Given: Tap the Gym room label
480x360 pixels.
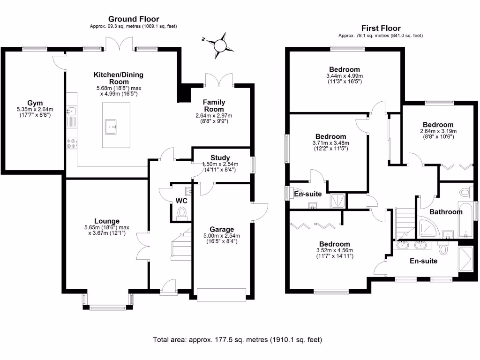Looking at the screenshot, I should click(x=34, y=103).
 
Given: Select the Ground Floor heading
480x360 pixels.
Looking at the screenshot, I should click(x=134, y=19).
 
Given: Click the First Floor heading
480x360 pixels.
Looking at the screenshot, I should click(x=381, y=28).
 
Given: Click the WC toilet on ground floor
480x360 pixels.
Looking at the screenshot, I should click(x=182, y=213).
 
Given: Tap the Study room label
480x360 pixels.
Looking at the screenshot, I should click(x=220, y=157).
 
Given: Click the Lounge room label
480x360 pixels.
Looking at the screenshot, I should click(x=106, y=221).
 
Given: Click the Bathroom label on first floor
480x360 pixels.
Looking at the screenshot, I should click(x=446, y=212).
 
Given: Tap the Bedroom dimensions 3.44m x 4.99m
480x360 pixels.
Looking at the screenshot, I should click(x=345, y=76).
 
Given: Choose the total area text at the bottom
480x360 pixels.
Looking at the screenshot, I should click(x=238, y=339).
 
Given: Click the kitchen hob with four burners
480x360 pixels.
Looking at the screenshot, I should click(x=72, y=143).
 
